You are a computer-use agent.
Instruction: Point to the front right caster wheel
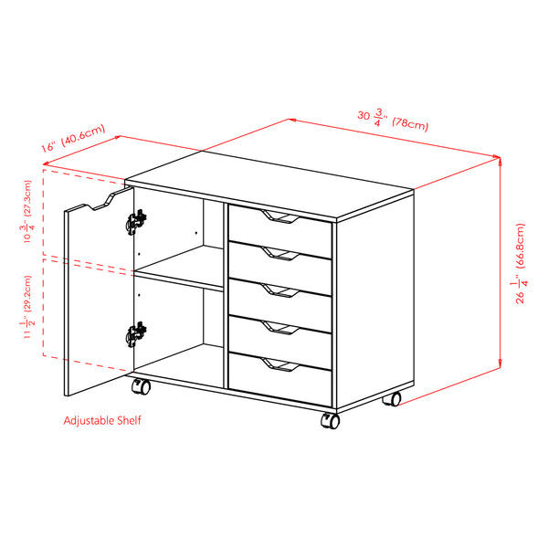click(x=330, y=421)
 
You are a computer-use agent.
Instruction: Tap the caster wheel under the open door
click(x=142, y=387)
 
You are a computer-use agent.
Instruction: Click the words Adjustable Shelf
click(x=102, y=421)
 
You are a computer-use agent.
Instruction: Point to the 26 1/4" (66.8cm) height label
click(x=520, y=265)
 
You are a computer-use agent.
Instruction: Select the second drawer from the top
click(x=279, y=262)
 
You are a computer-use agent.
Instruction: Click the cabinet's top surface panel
click(x=269, y=187)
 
